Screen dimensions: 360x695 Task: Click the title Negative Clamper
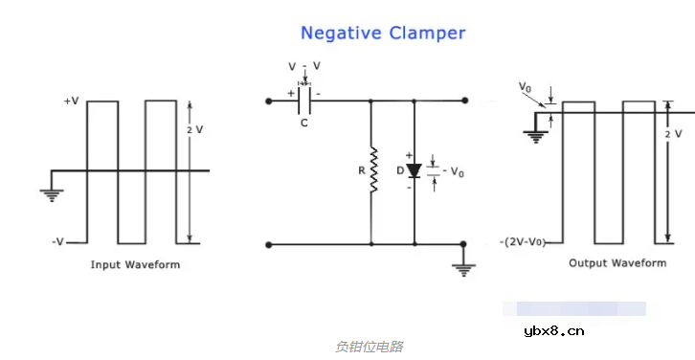coord(383,33)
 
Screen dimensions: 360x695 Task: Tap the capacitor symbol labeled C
coord(303,100)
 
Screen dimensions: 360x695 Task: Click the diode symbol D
coord(414,171)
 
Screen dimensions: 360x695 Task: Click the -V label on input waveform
coord(60,242)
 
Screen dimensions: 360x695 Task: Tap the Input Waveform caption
coord(135,264)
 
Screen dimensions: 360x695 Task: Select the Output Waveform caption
coord(617,262)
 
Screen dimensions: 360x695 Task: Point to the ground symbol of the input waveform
coord(51,194)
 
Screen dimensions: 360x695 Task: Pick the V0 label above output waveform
coord(525,87)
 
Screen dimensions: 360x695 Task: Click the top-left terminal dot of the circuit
coord(268,100)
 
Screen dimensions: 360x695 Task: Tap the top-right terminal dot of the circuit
coord(464,100)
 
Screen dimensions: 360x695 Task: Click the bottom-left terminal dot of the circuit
coord(268,245)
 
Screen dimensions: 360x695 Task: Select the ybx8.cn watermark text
coord(554,331)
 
